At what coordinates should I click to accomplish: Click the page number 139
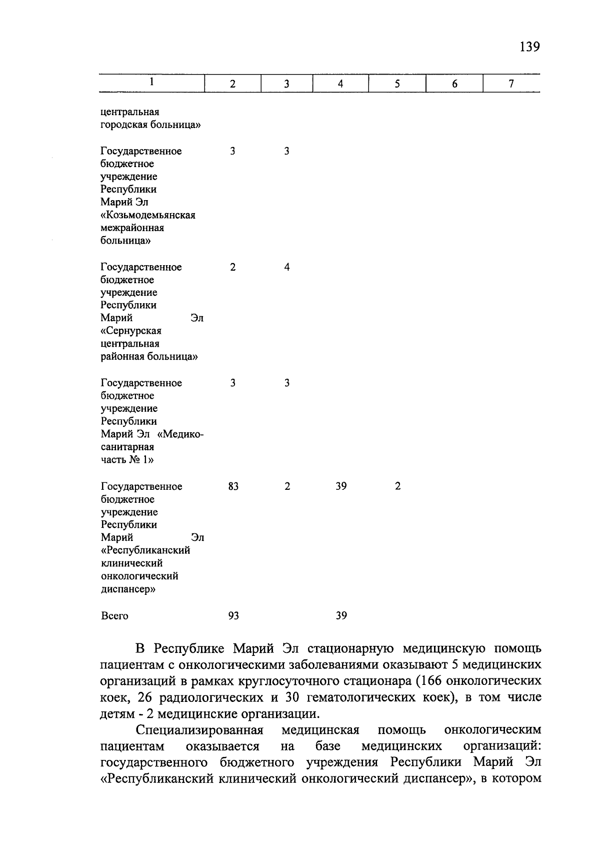[529, 47]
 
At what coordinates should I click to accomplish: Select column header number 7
[511, 84]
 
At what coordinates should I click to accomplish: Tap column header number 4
[340, 84]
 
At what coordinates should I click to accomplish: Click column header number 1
[151, 82]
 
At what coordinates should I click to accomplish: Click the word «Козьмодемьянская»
[147, 215]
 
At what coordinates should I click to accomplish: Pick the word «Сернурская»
[131, 331]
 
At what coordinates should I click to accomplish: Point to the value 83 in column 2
[233, 486]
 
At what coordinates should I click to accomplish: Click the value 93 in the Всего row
[233, 616]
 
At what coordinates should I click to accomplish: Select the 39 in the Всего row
[341, 616]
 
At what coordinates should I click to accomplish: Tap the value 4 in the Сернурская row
[286, 267]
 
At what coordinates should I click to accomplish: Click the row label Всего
[114, 616]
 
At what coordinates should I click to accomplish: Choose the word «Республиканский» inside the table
[145, 550]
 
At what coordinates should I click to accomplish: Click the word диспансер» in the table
[128, 589]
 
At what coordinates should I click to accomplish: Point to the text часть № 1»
[127, 460]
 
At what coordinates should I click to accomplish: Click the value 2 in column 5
[397, 486]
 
